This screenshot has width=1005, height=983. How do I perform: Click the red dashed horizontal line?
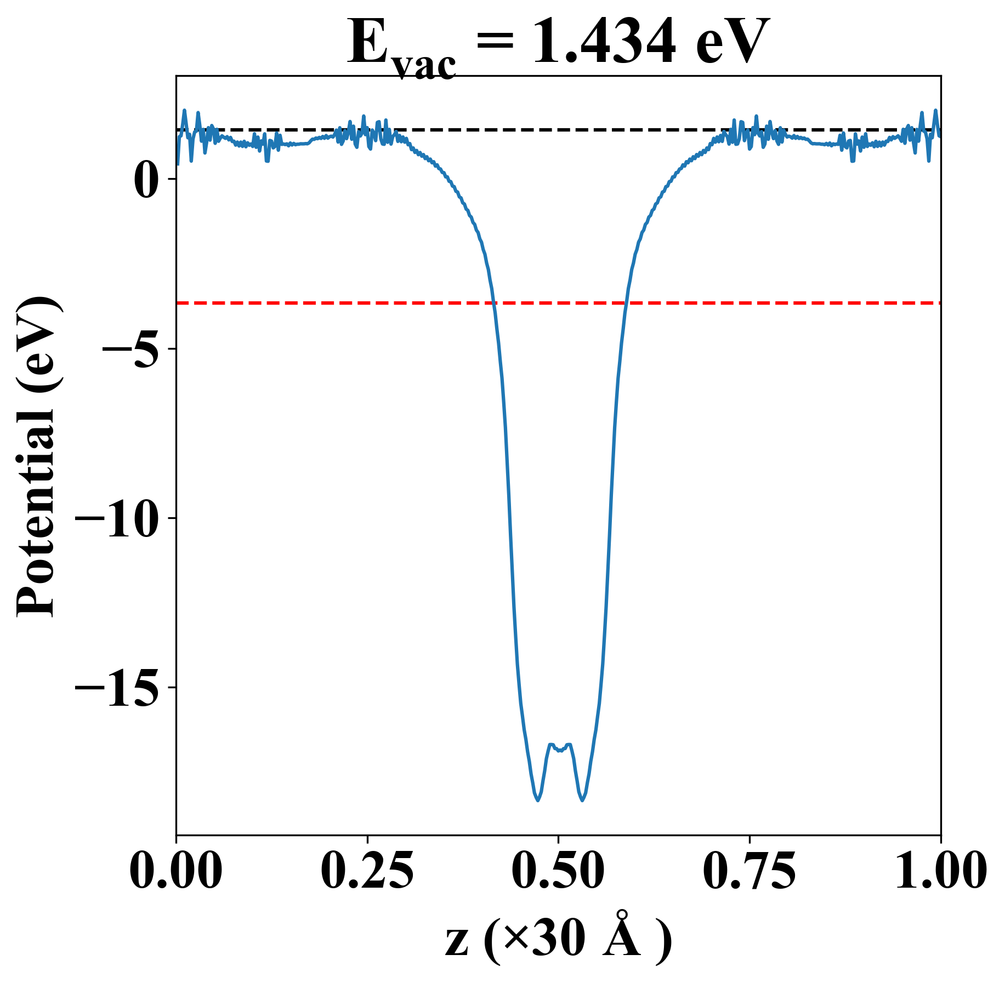pos(329,302)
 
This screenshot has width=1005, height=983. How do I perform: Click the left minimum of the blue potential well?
pos(538,800)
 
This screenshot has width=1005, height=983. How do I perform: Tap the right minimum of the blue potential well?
pos(582,800)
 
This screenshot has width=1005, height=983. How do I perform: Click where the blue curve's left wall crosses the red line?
pos(495,302)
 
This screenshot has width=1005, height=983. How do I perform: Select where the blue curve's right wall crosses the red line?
pos(626,302)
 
